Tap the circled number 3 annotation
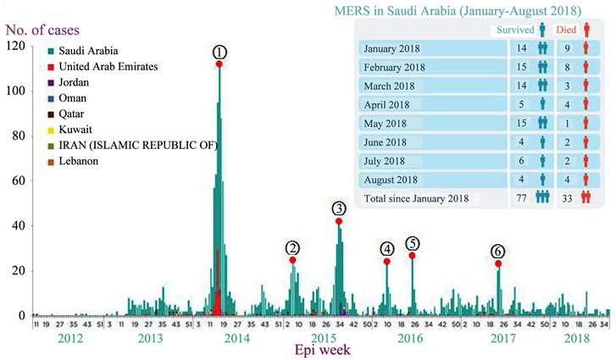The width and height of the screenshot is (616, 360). [x=339, y=208]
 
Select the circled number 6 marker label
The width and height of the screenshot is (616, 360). [x=498, y=252]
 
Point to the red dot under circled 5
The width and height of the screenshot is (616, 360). [x=413, y=256]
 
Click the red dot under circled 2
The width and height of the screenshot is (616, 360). [x=292, y=260]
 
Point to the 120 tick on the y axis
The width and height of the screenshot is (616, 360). [x=14, y=46]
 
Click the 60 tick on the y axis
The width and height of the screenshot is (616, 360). [x=17, y=180]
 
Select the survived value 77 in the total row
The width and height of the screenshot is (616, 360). [x=521, y=198]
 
